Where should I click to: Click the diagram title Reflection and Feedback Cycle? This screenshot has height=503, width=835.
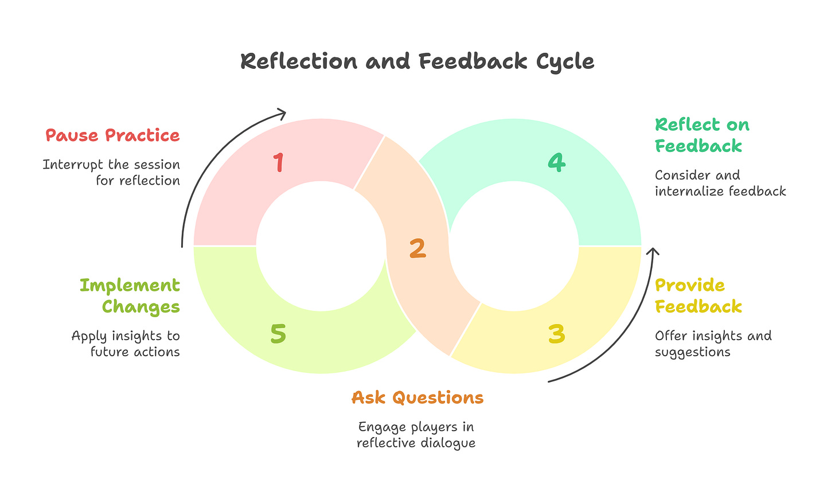(x=417, y=61)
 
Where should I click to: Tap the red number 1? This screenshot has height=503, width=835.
(x=279, y=162)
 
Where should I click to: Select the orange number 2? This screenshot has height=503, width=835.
(x=417, y=248)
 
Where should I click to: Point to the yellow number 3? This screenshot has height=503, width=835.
(x=556, y=334)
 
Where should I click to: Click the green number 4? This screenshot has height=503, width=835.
(x=556, y=162)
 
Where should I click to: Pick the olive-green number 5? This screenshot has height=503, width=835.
(x=278, y=334)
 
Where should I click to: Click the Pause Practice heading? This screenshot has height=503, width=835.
(x=112, y=135)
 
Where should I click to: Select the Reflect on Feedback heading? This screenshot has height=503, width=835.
(x=702, y=135)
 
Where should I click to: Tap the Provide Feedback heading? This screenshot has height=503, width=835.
(x=698, y=296)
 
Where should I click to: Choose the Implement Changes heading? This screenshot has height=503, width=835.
(x=130, y=296)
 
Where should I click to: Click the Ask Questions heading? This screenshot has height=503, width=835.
(x=417, y=397)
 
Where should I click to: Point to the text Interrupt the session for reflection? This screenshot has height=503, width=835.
(x=112, y=172)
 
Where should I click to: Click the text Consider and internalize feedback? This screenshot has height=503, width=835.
(x=720, y=183)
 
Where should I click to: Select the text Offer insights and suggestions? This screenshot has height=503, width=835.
(x=713, y=344)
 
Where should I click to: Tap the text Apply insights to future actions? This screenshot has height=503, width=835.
(x=126, y=344)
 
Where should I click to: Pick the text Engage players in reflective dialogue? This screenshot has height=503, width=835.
(x=416, y=435)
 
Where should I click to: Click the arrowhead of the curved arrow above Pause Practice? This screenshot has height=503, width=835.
(x=282, y=112)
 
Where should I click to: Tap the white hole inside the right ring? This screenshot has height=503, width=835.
(x=514, y=246)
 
